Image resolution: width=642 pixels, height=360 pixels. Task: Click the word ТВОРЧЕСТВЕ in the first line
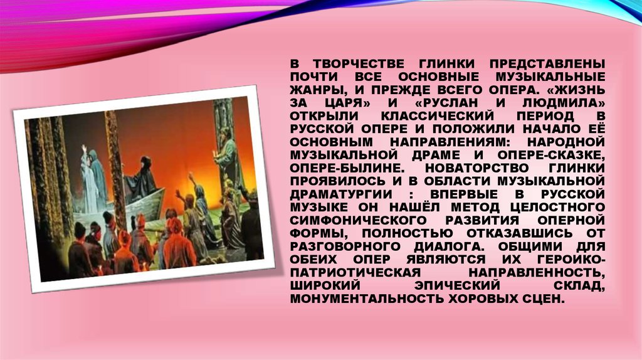click(x=359, y=64)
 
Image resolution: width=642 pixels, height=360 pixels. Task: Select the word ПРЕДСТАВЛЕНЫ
click(x=547, y=64)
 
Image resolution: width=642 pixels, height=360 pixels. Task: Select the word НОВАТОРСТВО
click(x=477, y=168)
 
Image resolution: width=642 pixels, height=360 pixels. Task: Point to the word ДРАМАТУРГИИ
click(x=341, y=194)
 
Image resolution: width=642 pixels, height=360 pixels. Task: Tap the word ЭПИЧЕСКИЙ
click(x=457, y=285)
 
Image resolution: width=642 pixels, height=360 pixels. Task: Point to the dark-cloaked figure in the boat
click(x=141, y=180)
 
